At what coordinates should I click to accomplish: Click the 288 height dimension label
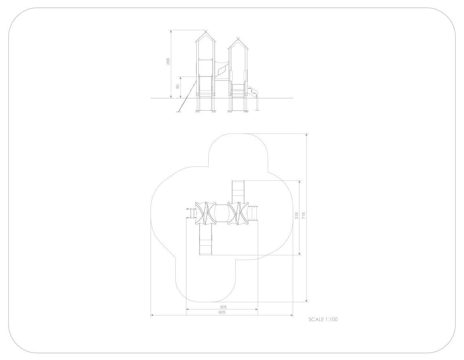pos(168,61)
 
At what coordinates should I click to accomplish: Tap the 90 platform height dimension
pos(178,87)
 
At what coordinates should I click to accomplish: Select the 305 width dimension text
pos(223,307)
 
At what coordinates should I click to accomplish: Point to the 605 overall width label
pos(222,312)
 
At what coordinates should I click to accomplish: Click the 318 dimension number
pos(296,215)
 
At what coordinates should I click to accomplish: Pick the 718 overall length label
pos(303,215)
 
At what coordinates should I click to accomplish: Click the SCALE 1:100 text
pos(323,319)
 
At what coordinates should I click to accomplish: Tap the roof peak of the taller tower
pos(206,31)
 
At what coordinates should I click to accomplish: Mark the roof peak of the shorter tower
pos(238,39)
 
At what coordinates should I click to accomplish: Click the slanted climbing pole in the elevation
pos(187,96)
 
